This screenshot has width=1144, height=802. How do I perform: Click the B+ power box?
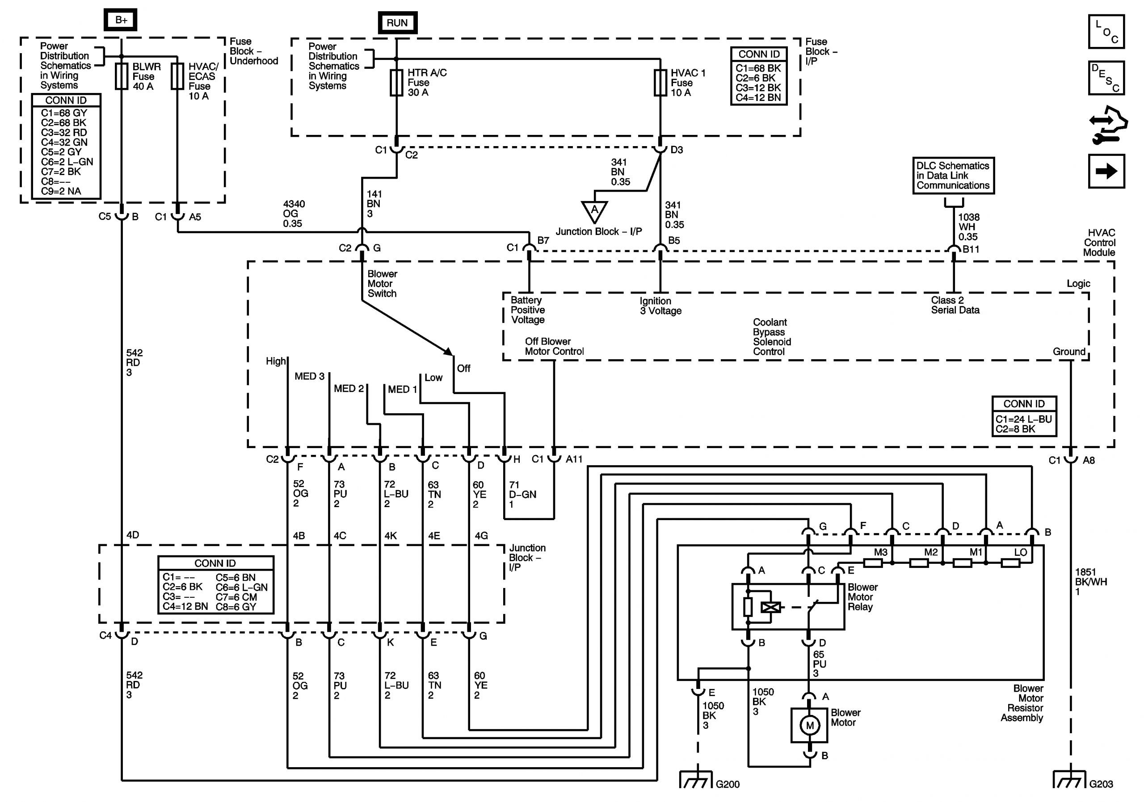pos(121,20)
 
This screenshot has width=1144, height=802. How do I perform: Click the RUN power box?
pos(397,22)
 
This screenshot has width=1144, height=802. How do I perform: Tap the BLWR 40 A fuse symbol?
pos(122,76)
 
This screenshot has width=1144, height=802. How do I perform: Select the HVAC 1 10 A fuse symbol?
pos(660,83)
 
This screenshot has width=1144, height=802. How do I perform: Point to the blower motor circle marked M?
pos(810,726)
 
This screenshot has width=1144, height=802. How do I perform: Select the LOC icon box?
pos(1106,31)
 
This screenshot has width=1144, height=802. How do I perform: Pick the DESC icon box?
pos(1106,78)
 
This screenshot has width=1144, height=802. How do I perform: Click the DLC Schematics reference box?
pos(953,175)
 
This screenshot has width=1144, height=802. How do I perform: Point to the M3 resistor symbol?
pos(872,563)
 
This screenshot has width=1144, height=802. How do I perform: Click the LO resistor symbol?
pos(1010,563)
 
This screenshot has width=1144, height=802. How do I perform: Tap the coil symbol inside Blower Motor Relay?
pos(771,607)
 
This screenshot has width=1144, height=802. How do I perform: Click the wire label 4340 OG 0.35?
pos(294,214)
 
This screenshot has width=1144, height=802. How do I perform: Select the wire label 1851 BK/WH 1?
pos(1091,581)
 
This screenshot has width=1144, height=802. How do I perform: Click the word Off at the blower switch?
pos(463,368)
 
